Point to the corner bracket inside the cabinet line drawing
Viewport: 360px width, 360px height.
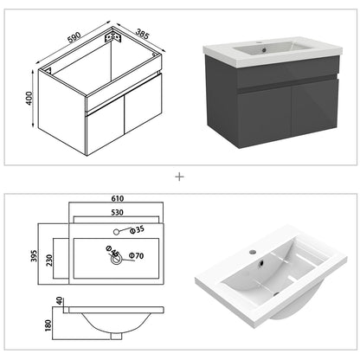pyautogui.click(x=110, y=38)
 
